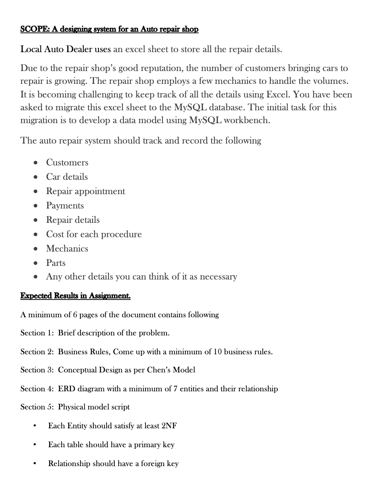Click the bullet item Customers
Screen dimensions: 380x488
coord(67,162)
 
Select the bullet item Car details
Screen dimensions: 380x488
coord(66,177)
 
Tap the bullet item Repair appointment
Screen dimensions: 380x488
coord(85,191)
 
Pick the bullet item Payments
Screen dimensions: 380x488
coord(65,205)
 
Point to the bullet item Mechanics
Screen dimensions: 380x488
coord(67,249)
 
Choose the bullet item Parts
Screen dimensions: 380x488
coord(56,263)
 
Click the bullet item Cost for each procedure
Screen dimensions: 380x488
coord(94,234)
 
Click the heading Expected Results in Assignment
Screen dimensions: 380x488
coord(75,296)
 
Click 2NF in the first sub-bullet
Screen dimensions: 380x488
coord(169,426)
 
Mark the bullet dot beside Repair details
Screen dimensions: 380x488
coord(35,220)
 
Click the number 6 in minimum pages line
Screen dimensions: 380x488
coord(75,315)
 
